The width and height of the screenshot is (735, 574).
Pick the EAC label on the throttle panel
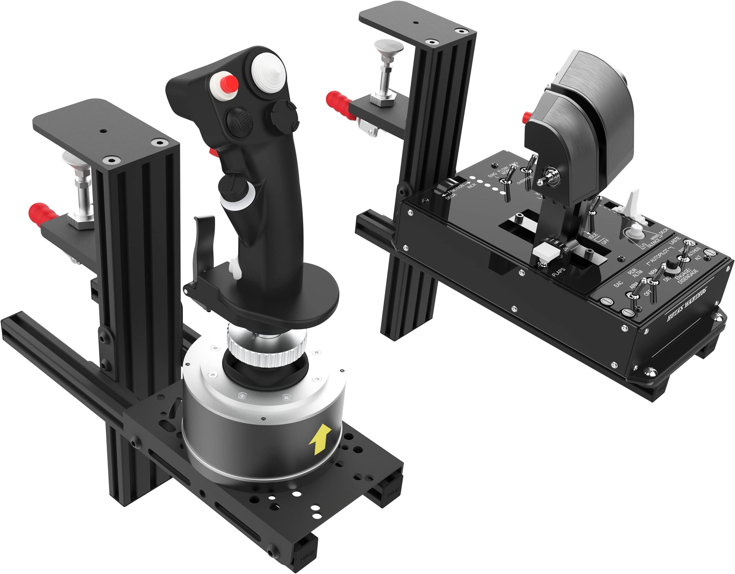[x=618, y=284]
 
